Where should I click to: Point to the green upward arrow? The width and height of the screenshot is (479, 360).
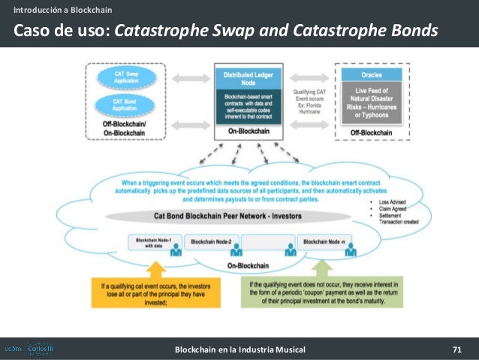coord(321,269)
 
